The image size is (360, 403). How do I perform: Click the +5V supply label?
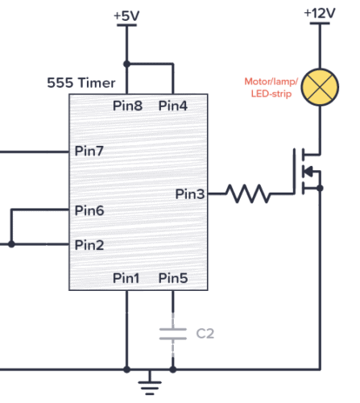[x=126, y=15]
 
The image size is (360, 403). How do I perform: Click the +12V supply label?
[x=320, y=14]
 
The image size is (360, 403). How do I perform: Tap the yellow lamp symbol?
[x=320, y=87]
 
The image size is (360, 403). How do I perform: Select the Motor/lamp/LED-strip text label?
[x=270, y=88]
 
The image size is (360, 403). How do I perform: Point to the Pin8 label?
[x=126, y=106]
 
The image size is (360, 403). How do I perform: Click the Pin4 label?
[x=173, y=106]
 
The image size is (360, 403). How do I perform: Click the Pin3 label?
[x=191, y=193]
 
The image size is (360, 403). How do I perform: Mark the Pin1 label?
[x=126, y=278]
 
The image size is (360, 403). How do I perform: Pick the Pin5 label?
[x=173, y=278]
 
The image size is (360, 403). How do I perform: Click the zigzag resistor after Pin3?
[x=249, y=193]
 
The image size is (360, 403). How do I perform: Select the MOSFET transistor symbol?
[x=307, y=171]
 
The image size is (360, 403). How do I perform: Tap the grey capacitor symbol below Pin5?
[x=173, y=333]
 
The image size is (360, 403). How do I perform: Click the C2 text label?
[x=205, y=333]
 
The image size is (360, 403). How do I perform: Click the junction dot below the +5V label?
[x=126, y=64]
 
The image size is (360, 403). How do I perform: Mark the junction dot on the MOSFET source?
[x=320, y=188]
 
